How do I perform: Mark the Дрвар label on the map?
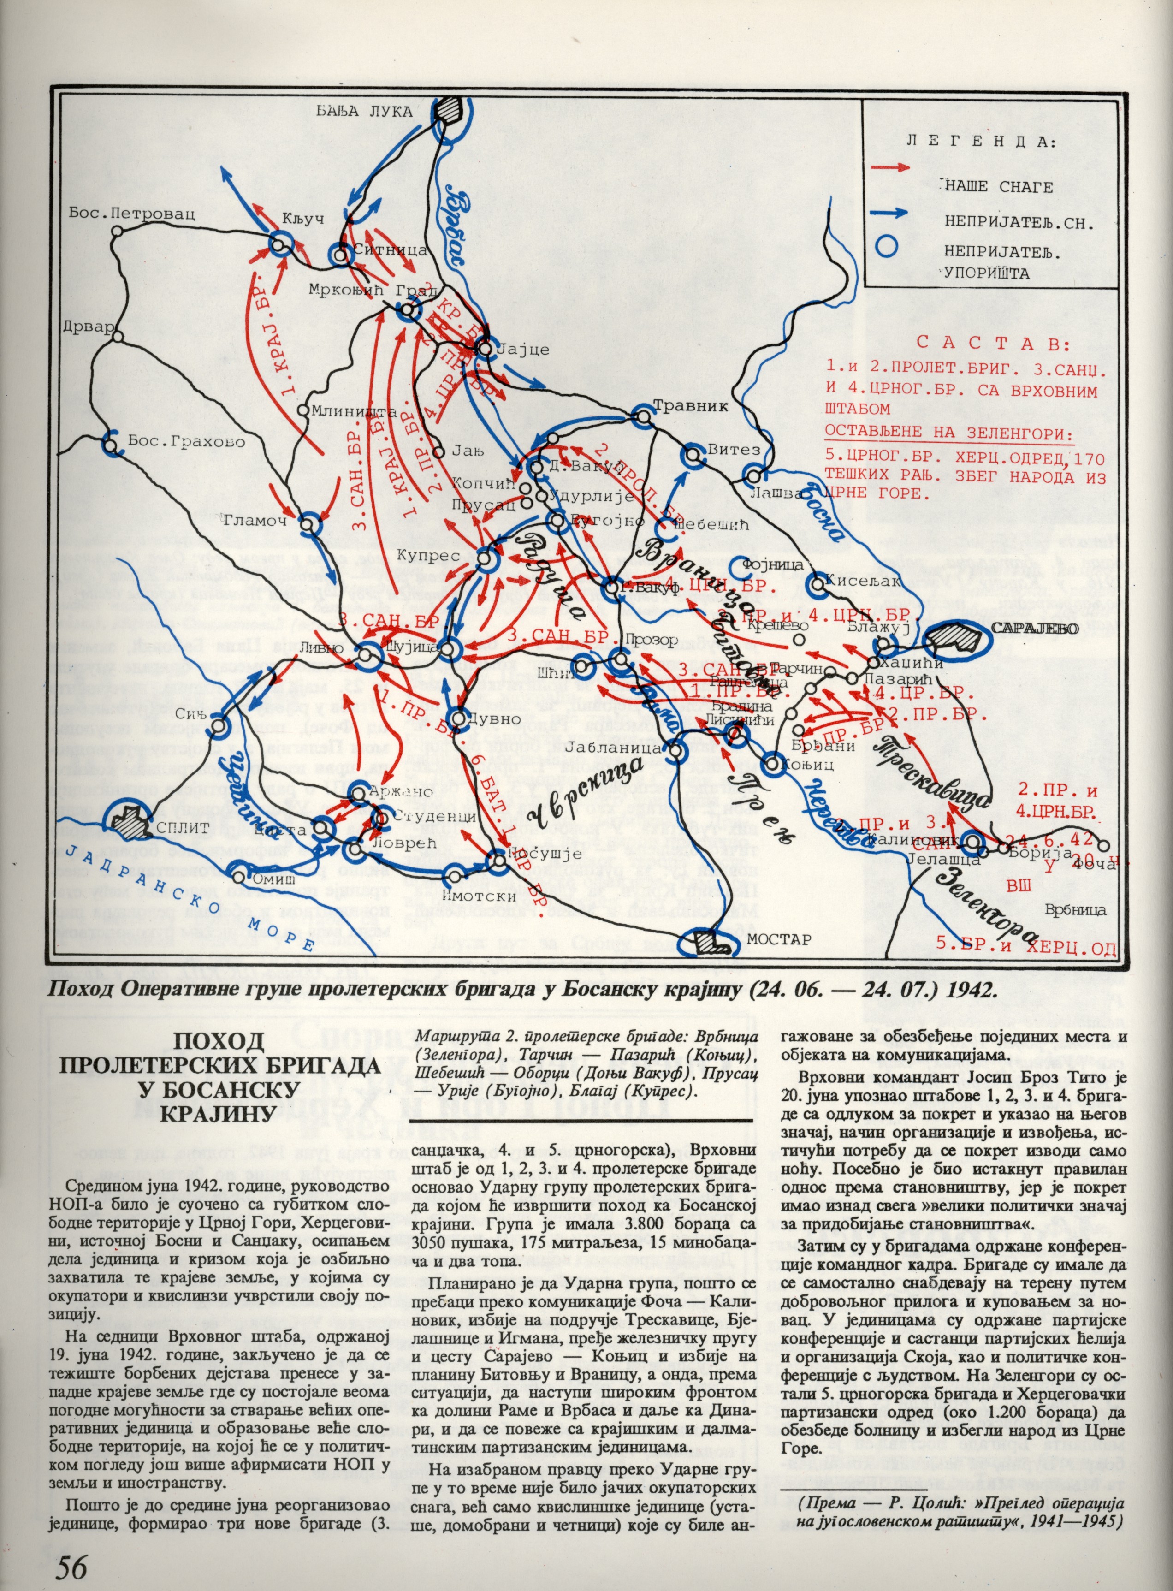click(x=88, y=328)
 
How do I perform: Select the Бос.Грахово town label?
click(x=186, y=442)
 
